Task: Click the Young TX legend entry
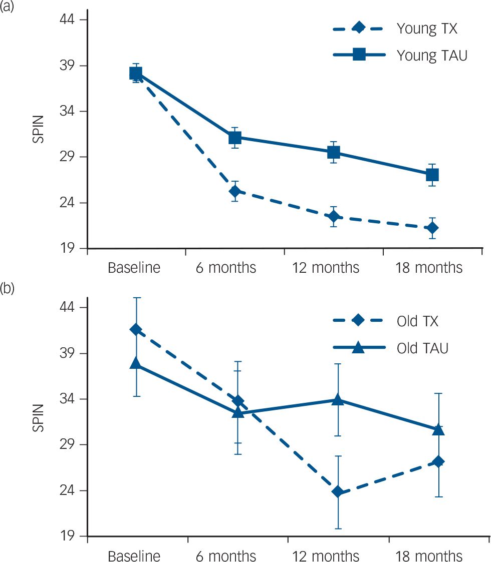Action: [426, 29]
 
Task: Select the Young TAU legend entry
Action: [431, 55]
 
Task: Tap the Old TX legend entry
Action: [417, 321]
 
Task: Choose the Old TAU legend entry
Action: [422, 348]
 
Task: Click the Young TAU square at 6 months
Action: [235, 138]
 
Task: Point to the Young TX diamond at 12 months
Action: [334, 217]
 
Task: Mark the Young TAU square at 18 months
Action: [432, 175]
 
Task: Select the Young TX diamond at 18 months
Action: [432, 228]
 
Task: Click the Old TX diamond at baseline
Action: [136, 329]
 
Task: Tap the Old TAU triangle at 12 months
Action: [337, 399]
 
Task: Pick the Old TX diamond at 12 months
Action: [337, 492]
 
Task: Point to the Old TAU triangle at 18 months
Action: [438, 429]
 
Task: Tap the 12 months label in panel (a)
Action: [326, 268]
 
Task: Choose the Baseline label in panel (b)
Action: [134, 556]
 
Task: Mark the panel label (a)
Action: [8, 7]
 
